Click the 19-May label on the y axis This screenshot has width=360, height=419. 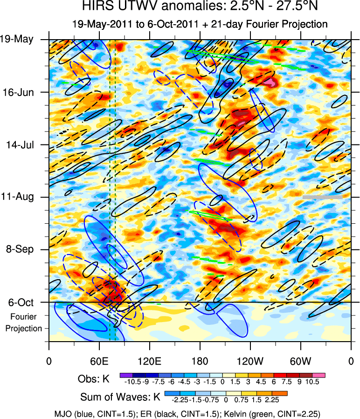point(17,39)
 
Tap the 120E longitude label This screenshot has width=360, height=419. point(149,361)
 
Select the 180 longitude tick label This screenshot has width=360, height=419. point(200,361)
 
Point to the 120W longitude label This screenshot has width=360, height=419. point(250,361)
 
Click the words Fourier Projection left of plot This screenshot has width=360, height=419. point(24,323)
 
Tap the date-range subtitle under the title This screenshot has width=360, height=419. point(200,24)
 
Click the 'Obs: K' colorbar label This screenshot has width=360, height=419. point(97,378)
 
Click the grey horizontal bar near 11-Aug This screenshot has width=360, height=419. point(322,197)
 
